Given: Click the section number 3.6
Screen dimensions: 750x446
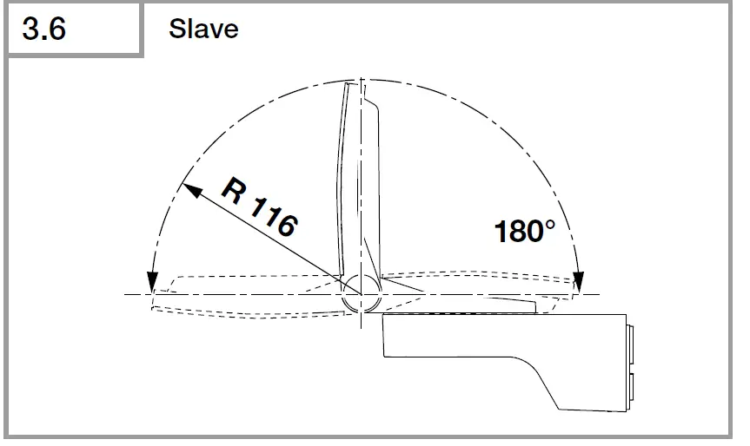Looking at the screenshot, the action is point(43,29).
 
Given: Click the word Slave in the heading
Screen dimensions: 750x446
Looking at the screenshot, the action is point(203,29).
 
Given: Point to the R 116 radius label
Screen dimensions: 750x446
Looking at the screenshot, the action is point(259,207).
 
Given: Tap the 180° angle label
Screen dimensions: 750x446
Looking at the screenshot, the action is point(525,231).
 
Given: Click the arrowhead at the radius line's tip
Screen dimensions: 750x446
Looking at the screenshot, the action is point(192,190).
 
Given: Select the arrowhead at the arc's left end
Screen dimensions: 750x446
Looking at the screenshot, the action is point(152,282).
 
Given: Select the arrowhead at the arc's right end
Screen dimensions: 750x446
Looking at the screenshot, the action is point(578,282).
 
